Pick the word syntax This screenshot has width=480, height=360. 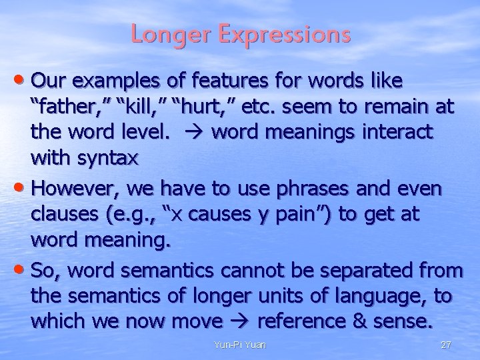[x=106, y=160]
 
